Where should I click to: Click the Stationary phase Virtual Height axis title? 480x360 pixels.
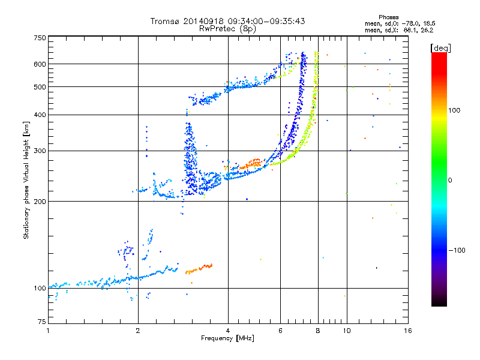tap(26, 180)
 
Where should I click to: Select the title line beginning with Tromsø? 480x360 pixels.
tap(227, 21)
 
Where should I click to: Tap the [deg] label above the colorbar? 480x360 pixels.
tap(441, 47)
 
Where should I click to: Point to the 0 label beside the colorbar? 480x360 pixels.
tap(451, 180)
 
